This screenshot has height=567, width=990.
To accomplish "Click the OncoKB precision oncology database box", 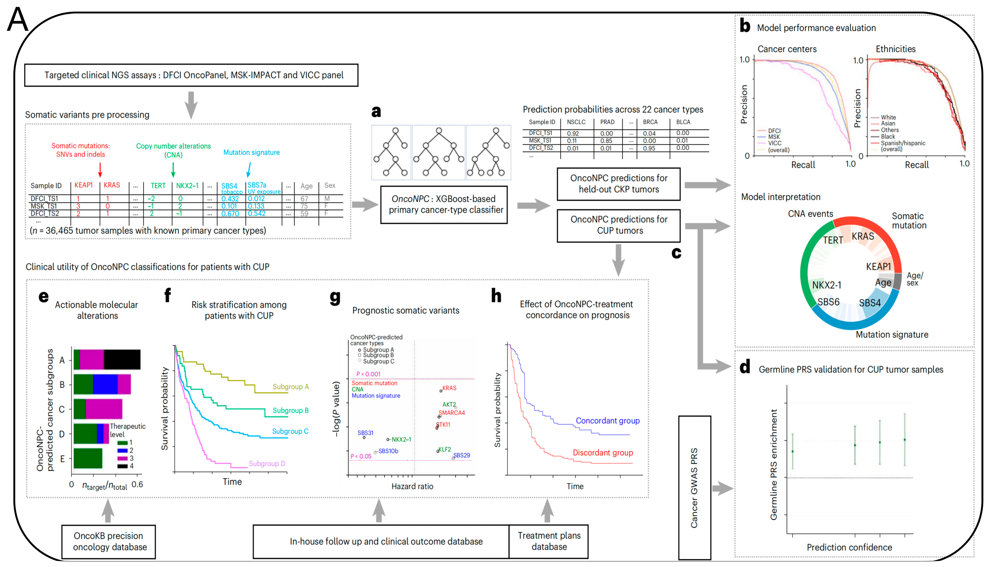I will click(x=109, y=541).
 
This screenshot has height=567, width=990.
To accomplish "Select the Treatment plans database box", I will click(x=549, y=541).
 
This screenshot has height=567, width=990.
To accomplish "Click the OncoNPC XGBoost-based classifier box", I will click(x=444, y=204).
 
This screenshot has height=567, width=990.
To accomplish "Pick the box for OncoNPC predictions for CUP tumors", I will click(x=618, y=225).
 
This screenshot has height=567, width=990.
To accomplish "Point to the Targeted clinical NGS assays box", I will click(x=191, y=75).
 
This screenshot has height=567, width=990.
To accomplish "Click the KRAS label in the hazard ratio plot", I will click(x=449, y=388).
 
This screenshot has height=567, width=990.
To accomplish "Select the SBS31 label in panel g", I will click(x=365, y=433).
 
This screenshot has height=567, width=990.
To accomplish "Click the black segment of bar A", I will click(x=122, y=359).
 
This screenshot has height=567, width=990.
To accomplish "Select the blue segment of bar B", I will click(x=105, y=384).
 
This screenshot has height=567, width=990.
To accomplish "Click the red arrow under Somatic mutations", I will click(x=100, y=170).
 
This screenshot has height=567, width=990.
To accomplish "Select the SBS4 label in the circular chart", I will click(x=869, y=303).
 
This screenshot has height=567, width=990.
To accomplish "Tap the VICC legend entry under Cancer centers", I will click(x=775, y=143).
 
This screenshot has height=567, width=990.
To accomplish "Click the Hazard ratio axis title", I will click(x=412, y=486).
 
